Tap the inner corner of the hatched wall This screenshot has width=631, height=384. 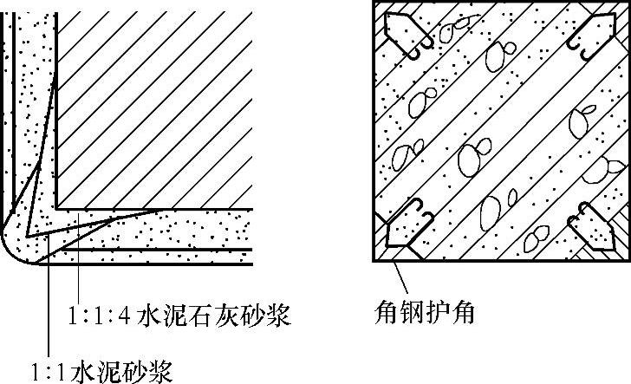tap(57, 208)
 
